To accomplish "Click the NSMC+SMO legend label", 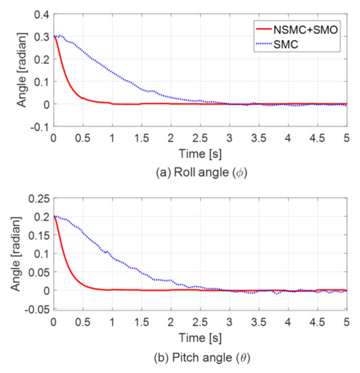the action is point(306,30).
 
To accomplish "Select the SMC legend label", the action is point(286,44).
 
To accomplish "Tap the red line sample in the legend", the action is point(264,29).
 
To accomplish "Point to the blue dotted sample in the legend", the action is point(264,44).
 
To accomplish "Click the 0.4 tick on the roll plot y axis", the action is point(42,15).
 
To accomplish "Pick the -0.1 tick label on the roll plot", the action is point(40,127).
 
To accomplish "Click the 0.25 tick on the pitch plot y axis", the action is point(39,199).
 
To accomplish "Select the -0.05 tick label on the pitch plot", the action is point(37,309).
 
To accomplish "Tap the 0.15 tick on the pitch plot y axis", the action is point(39,235).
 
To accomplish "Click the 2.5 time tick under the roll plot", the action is point(200,138).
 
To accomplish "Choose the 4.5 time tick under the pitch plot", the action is point(317,322).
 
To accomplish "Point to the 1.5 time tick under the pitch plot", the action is point(142,322).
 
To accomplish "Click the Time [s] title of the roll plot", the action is point(200,154).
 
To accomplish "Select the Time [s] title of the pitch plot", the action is point(200,338).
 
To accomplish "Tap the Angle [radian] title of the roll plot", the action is point(22,70).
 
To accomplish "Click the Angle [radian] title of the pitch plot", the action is point(16,254).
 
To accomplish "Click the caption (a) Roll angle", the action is point(201,172).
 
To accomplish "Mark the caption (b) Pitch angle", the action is point(202,357).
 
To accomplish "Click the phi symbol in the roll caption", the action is point(240,173).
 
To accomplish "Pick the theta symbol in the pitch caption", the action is point(243,357).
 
